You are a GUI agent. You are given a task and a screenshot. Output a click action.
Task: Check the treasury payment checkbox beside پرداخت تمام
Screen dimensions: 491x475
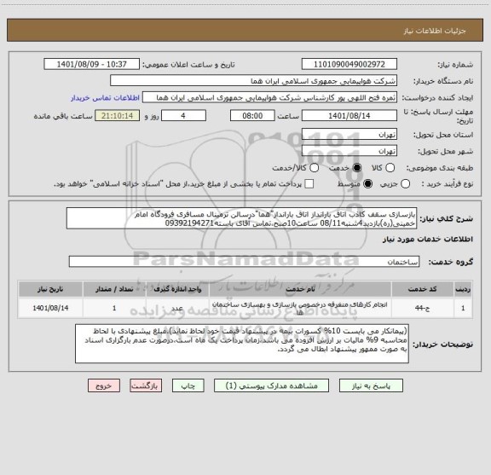pyautogui.click(x=309, y=183)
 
